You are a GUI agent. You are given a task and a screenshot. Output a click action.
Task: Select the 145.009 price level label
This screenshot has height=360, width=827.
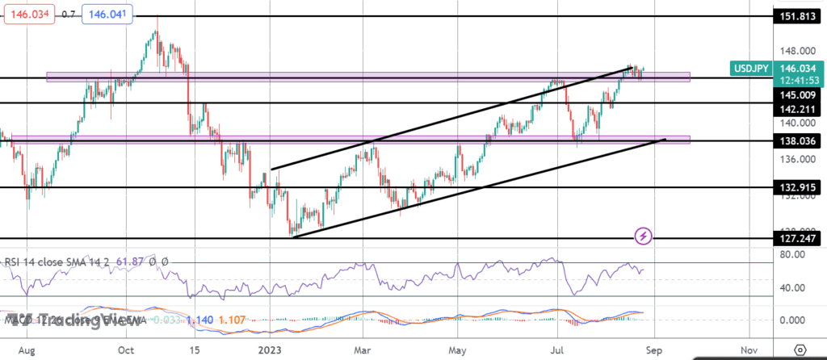tap(795, 94)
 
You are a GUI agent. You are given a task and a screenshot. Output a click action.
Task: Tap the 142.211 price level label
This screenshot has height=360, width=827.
tap(795, 107)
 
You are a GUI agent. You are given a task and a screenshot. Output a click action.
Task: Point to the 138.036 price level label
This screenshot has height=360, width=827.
tap(795, 140)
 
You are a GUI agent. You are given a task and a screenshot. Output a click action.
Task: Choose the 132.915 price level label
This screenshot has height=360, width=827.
tap(795, 187)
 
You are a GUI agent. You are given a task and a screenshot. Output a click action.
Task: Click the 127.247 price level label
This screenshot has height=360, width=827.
tap(795, 239)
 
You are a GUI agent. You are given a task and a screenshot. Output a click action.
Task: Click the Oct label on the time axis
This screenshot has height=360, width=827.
tap(125, 350)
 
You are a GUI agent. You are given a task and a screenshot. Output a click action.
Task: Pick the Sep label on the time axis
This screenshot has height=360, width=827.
tap(654, 350)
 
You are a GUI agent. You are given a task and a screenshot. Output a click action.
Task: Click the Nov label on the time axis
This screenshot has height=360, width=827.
tap(748, 350)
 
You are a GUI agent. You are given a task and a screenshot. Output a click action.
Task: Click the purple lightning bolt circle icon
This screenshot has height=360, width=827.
tap(644, 237)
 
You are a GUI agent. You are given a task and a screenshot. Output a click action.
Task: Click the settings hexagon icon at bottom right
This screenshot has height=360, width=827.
tap(800, 350)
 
